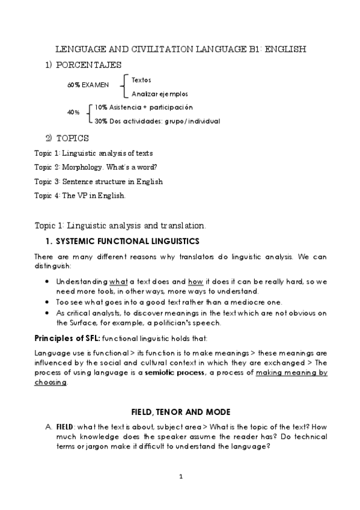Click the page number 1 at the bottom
click(x=180, y=477)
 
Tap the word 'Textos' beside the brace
click(x=141, y=80)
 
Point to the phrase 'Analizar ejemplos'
click(x=159, y=94)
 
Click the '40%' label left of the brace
click(x=73, y=113)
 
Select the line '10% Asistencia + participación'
click(x=144, y=107)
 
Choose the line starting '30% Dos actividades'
click(x=157, y=121)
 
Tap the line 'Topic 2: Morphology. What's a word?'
click(x=100, y=167)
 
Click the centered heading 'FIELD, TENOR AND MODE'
click(x=180, y=412)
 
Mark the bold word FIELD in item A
click(x=64, y=426)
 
